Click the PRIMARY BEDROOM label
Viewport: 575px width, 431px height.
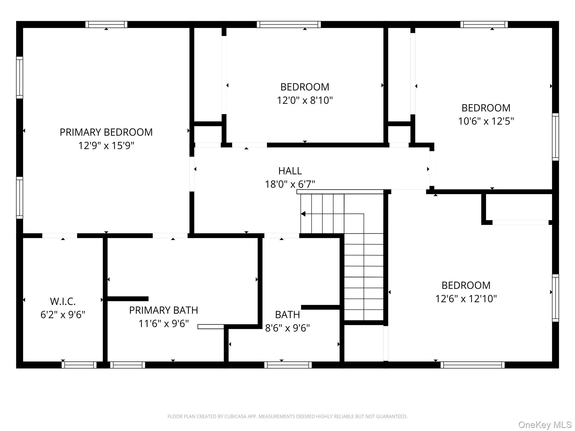[x=106, y=132]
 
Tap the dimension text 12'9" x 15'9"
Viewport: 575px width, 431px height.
[x=106, y=146]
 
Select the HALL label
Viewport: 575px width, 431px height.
[x=290, y=171]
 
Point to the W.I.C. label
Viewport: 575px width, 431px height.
[x=63, y=301]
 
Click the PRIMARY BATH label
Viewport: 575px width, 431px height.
[x=163, y=310]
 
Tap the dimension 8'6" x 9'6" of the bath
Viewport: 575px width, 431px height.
[x=287, y=328]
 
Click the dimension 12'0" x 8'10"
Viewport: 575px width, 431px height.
[x=305, y=100]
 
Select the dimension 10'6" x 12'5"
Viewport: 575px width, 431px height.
[x=486, y=121]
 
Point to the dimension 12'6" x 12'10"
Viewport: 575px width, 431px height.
[x=466, y=299]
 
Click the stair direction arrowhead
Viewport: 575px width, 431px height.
[x=303, y=214]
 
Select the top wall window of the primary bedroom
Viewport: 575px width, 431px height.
[x=106, y=24]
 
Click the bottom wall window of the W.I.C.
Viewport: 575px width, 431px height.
[x=79, y=365]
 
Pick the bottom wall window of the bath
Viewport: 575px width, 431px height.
[x=288, y=365]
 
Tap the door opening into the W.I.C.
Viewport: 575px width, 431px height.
[x=60, y=236]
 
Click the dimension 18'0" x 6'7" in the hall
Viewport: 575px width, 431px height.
[x=290, y=184]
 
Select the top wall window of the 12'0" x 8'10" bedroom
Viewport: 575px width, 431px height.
[x=289, y=24]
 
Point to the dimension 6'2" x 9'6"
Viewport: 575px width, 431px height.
[x=63, y=315]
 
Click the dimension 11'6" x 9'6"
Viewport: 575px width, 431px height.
[x=163, y=324]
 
